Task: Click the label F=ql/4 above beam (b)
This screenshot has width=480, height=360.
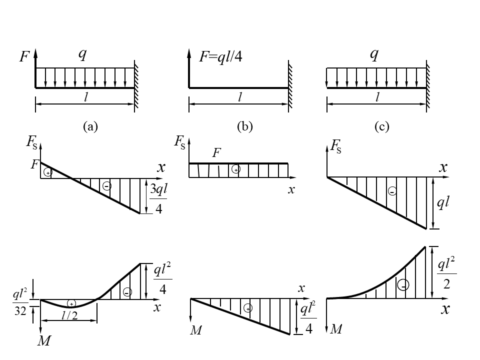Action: point(220,57)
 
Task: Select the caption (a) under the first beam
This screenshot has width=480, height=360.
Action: point(90,127)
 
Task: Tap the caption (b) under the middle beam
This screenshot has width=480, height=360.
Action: point(244,127)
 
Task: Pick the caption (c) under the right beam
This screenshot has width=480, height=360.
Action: point(381,127)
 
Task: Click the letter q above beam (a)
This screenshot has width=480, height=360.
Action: point(82,54)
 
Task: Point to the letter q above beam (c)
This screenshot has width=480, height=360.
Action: point(373,54)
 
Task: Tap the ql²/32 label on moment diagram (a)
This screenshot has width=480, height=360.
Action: point(19,301)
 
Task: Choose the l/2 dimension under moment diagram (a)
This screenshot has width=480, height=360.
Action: point(69,315)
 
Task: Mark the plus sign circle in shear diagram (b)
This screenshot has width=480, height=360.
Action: point(236,170)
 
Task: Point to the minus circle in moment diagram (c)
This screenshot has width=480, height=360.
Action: point(404,285)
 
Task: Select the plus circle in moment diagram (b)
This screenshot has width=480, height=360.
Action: point(247,308)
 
